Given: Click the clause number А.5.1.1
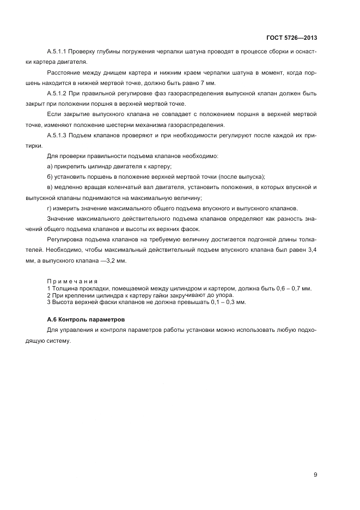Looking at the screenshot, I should point(58,51).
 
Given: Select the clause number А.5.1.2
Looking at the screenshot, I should point(58,93).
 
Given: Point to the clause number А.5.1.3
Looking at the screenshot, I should point(58,135).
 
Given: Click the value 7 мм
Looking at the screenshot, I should point(208,83).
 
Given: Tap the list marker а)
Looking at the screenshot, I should point(50,166).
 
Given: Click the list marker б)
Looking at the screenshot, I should point(50,177).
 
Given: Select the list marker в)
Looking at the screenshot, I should point(50,187).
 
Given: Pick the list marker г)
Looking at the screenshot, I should point(50,208).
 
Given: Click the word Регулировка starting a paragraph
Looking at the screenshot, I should point(66,240).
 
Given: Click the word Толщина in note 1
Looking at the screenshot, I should point(64,288).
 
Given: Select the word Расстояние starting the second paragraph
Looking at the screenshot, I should point(64,72).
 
